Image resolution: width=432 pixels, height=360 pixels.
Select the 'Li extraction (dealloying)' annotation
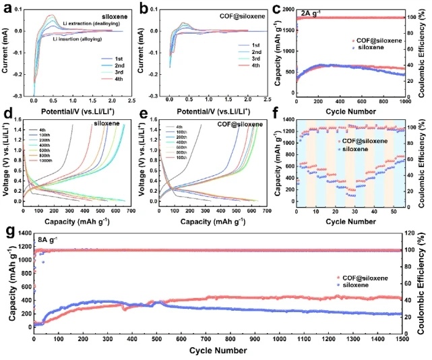point(87,24)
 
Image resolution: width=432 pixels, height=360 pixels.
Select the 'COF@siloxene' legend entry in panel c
point(379,40)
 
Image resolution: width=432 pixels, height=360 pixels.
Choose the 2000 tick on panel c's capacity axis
point(287,9)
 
